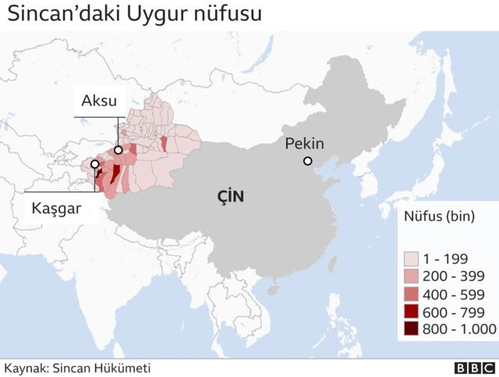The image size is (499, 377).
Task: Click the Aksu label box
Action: (99, 100)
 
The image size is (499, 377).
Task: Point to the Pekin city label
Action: (304, 143)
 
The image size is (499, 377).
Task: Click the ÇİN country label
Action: (231, 197)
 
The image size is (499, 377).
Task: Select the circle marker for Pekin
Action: (308, 161)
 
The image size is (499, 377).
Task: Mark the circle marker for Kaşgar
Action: (95, 165)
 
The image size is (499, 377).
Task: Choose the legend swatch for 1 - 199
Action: (411, 259)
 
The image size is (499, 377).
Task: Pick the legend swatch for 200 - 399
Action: (411, 277)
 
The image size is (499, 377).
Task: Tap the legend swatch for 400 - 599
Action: (411, 294)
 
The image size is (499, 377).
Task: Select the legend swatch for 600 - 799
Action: (411, 312)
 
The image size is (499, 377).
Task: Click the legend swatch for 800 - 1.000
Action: (411, 329)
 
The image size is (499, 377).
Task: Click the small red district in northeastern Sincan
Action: (164, 143)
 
